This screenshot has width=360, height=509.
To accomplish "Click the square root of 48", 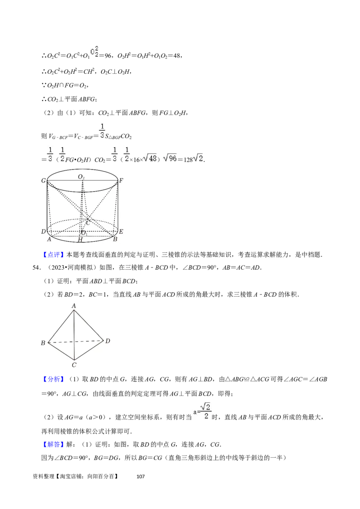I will tap(149, 158).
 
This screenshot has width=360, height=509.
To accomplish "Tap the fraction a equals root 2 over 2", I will tap(202, 410).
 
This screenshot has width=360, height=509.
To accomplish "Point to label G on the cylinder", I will tap(44, 181).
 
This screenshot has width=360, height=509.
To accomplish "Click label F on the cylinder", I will tap(121, 181).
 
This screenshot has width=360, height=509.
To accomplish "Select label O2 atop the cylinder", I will tap(81, 177).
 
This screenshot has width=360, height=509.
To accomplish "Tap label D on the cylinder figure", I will tap(44, 232).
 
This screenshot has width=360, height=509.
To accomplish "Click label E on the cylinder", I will tap(121, 232).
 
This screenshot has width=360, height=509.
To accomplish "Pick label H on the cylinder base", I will tap(80, 240).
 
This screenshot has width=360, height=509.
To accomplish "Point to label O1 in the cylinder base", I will tap(84, 232).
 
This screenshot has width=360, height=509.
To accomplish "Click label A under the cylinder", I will tap(49, 239).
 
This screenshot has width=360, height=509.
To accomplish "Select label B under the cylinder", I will tap(115, 239).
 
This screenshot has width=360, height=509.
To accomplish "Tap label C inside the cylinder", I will tap(88, 223).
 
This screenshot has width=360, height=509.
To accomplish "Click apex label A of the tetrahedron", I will tap(74, 306).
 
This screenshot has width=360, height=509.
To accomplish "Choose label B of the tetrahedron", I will tap(43, 343).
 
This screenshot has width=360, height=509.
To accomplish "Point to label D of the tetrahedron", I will tap(108, 341).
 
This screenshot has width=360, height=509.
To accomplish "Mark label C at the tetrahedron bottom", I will tap(74, 364).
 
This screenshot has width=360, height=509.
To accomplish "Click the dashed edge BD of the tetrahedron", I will tap(76, 342).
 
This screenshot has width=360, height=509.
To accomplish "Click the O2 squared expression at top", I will tap(94, 53).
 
